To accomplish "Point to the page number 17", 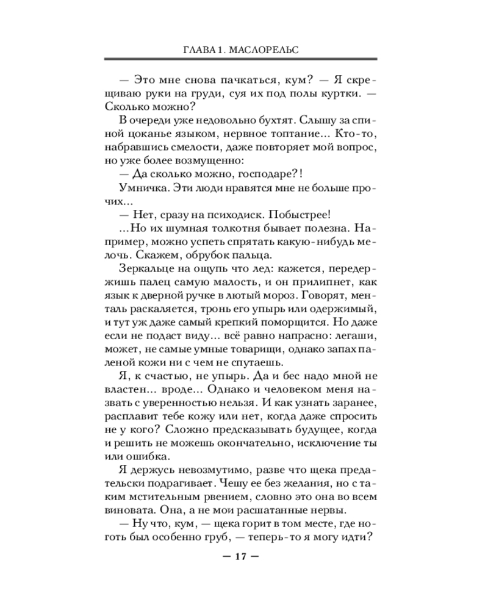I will tap(242, 556).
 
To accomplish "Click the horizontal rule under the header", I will tap(242, 59).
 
